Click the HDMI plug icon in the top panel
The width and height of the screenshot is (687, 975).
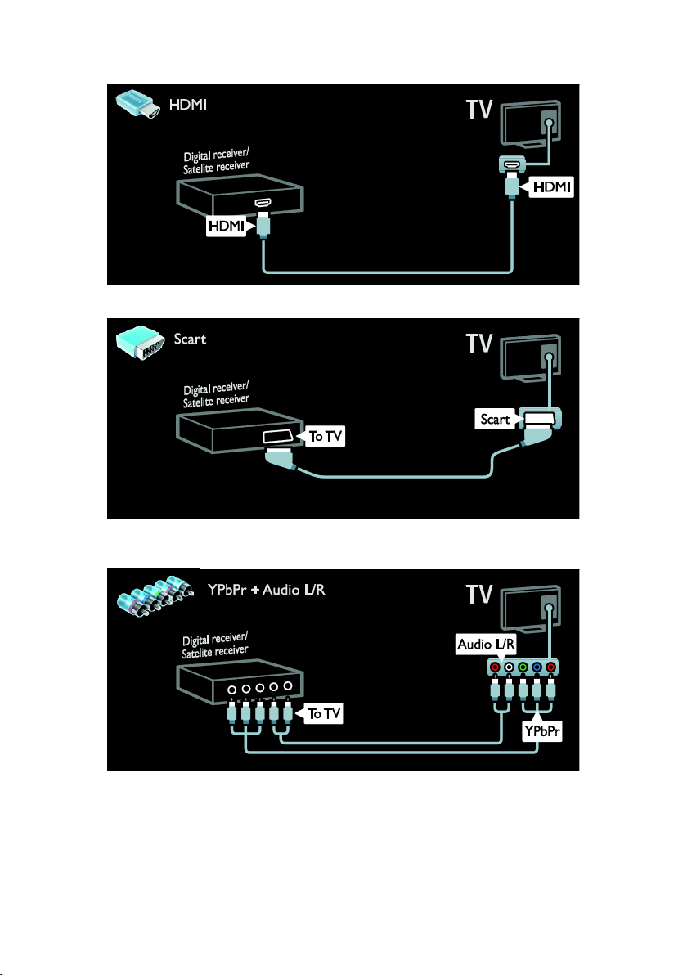click(138, 103)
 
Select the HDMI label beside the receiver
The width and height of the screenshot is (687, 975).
click(227, 226)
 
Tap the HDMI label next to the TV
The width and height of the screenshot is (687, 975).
click(552, 186)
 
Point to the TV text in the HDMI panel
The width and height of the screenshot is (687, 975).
click(478, 110)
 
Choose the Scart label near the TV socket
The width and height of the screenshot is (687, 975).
click(495, 419)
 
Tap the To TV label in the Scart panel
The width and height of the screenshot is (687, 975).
click(326, 437)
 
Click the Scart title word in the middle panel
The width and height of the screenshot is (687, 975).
click(190, 339)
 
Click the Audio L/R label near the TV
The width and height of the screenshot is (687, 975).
click(486, 645)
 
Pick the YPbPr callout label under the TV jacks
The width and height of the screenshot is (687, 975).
click(542, 731)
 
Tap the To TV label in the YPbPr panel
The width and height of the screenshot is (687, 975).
click(325, 713)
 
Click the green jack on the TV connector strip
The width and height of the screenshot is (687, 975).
click(523, 667)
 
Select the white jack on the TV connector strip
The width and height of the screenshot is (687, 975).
click(510, 667)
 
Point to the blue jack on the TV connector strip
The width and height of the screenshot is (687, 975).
click(537, 667)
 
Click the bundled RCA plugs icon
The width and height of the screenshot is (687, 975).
click(155, 595)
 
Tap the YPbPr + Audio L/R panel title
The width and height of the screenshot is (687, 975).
click(266, 590)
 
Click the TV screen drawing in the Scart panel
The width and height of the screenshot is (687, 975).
click(530, 357)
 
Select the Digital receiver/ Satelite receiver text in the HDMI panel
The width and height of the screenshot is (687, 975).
click(216, 161)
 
